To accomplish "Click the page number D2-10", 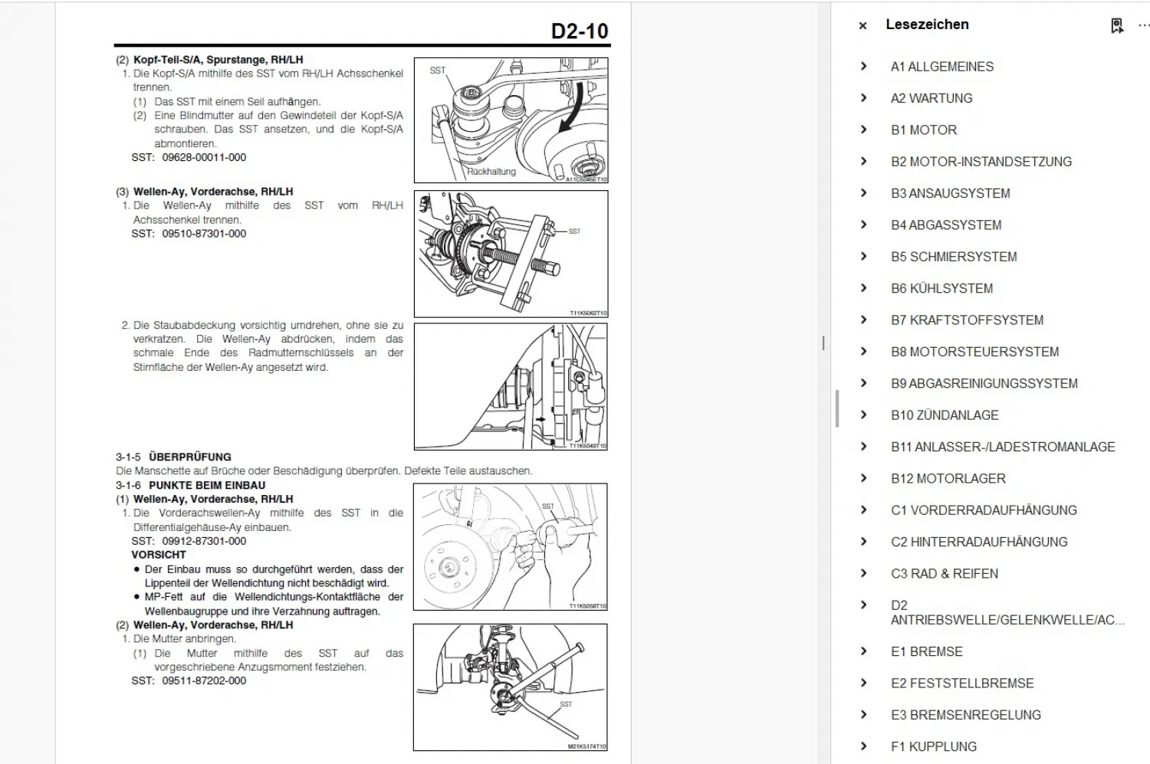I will pyautogui.click(x=579, y=31).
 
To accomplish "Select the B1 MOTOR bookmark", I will pyautogui.click(x=923, y=130).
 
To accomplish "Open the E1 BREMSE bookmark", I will pyautogui.click(x=926, y=651).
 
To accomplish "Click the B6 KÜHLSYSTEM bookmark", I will pyautogui.click(x=941, y=288).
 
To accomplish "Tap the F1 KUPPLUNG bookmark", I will pyautogui.click(x=933, y=746).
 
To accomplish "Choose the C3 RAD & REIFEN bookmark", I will pyautogui.click(x=944, y=573).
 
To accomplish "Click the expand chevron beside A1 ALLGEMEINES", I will pyautogui.click(x=864, y=67).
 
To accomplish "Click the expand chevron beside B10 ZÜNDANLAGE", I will pyautogui.click(x=864, y=415).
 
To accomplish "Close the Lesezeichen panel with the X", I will pyautogui.click(x=863, y=25).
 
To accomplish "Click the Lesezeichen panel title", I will pyautogui.click(x=927, y=25).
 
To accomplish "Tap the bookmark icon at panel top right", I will pyautogui.click(x=1117, y=26).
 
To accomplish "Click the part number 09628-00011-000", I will pyautogui.click(x=204, y=158).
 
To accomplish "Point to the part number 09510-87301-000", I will pyautogui.click(x=204, y=234).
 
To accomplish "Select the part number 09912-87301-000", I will pyautogui.click(x=204, y=541).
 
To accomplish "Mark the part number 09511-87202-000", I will pyautogui.click(x=204, y=680).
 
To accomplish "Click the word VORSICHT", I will pyautogui.click(x=159, y=555).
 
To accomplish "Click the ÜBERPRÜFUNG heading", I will pyautogui.click(x=189, y=457).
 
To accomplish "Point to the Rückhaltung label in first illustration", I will pyautogui.click(x=491, y=172).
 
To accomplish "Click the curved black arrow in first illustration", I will pyautogui.click(x=573, y=107).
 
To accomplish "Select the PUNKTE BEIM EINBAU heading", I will pyautogui.click(x=207, y=485).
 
